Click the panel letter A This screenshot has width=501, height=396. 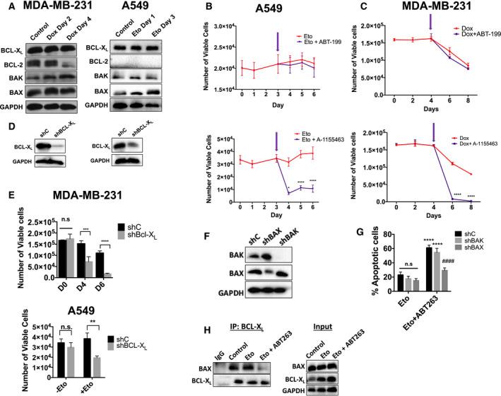(6, 8)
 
